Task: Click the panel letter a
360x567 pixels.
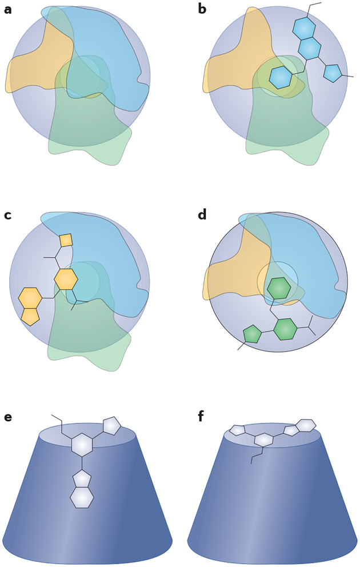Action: [x=7, y=9]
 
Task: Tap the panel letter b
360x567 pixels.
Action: [x=202, y=9]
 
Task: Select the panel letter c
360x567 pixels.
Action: [x=7, y=215]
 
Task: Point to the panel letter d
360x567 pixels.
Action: [x=202, y=215]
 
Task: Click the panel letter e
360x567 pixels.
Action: [x=7, y=417]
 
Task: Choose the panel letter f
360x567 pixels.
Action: [x=201, y=416]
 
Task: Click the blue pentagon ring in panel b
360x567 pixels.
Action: [x=332, y=73]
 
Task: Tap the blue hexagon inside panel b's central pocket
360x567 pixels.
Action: [x=280, y=77]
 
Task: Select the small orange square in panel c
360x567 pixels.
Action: [x=66, y=240]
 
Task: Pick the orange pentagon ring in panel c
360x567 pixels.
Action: [x=30, y=316]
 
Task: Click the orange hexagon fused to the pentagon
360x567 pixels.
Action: [x=30, y=298]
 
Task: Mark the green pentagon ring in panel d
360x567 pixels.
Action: [x=252, y=334]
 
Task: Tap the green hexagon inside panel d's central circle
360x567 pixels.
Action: [x=279, y=289]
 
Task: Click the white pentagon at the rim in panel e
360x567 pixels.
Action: [x=111, y=425]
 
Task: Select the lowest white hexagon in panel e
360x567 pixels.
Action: [x=82, y=497]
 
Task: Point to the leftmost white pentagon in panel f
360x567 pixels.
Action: [x=237, y=430]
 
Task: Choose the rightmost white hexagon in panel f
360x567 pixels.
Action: [x=306, y=425]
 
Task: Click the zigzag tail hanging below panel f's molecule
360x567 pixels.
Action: [x=255, y=455]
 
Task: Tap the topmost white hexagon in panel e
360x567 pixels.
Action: [x=82, y=445]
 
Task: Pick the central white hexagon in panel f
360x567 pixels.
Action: [x=263, y=440]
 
